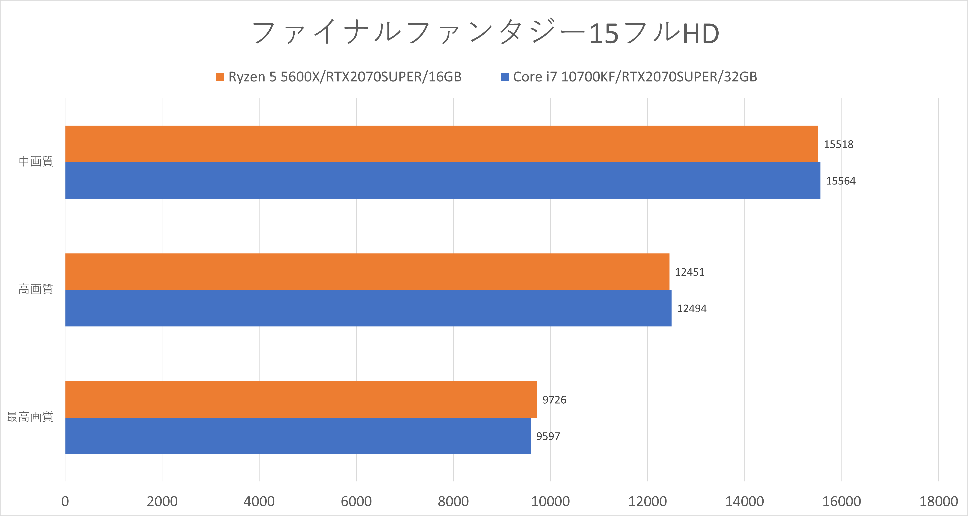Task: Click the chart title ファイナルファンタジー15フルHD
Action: pyautogui.click(x=485, y=33)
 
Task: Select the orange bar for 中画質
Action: pyautogui.click(x=442, y=144)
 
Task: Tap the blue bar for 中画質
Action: pyautogui.click(x=443, y=181)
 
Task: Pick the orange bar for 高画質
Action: pyautogui.click(x=367, y=272)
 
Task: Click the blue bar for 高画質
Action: pyautogui.click(x=368, y=308)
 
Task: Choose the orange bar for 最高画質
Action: pyautogui.click(x=301, y=399)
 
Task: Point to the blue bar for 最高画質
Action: pyautogui.click(x=298, y=436)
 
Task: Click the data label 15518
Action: pyautogui.click(x=838, y=144)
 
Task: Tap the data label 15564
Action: pyautogui.click(x=841, y=181)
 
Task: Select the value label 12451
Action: pyautogui.click(x=690, y=272)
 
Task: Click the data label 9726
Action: pyautogui.click(x=554, y=400)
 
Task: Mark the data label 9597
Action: pyautogui.click(x=548, y=436)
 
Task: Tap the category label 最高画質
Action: pyautogui.click(x=30, y=417)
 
